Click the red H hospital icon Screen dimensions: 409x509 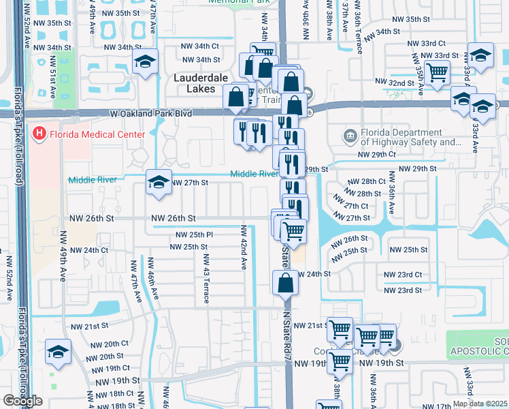pyautogui.click(x=39, y=134)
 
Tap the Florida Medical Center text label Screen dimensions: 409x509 pyautogui.click(x=97, y=134)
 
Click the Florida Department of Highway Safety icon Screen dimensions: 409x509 pyautogui.click(x=350, y=135)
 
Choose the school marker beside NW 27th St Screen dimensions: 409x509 pyautogui.click(x=159, y=183)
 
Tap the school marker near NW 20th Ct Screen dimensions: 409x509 pyautogui.click(x=58, y=352)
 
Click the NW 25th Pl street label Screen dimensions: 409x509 pyautogui.click(x=195, y=234)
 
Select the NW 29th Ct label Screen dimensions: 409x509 pyautogui.click(x=377, y=155)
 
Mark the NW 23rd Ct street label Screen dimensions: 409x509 pyautogui.click(x=403, y=275)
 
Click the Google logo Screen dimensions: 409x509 pyautogui.click(x=22, y=401)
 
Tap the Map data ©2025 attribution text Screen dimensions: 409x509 pyautogui.click(x=480, y=404)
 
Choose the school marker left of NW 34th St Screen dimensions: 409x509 pyautogui.click(x=145, y=62)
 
